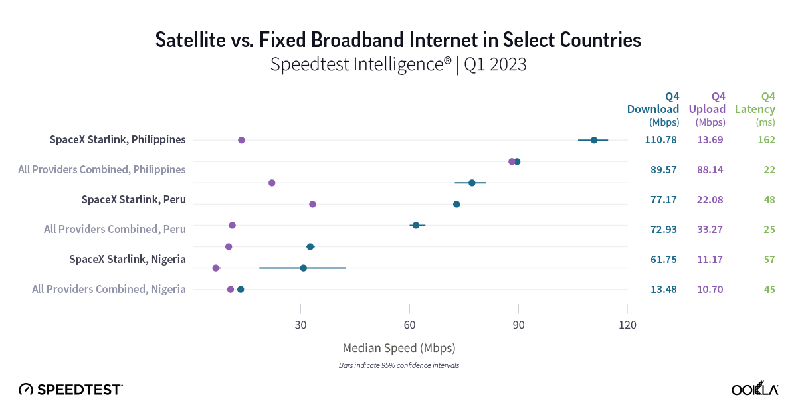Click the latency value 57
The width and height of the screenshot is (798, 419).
769,259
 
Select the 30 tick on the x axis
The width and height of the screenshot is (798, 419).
300,325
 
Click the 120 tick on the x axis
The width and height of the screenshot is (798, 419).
627,325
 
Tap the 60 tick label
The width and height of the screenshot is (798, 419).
409,325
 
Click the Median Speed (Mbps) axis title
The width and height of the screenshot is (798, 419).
399,348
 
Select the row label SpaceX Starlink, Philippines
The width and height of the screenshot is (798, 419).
118,140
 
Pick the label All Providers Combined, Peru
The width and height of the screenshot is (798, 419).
114,230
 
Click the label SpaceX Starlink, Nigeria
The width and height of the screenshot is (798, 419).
127,259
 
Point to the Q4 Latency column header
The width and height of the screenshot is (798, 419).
755,109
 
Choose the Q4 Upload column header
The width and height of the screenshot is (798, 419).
709,109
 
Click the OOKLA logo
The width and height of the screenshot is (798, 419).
755,390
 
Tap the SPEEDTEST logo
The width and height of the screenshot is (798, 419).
70,390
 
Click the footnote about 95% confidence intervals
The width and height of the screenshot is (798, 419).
399,366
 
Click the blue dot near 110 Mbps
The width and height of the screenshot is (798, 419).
594,140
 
